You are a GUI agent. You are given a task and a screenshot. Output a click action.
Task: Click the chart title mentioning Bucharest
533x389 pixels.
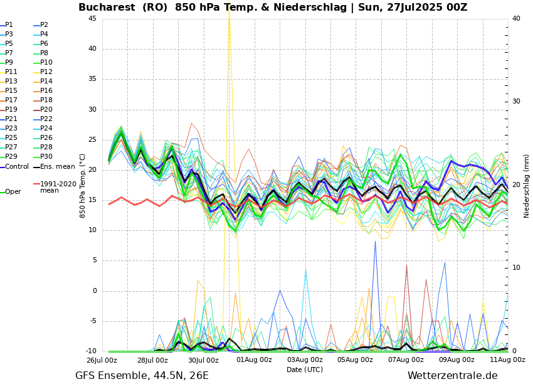click(x=273, y=8)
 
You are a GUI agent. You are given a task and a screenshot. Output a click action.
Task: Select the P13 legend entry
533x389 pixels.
click(x=11, y=82)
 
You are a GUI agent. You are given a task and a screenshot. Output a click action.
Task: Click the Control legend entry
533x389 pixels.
click(x=16, y=166)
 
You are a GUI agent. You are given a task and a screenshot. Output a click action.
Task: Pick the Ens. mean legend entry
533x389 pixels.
click(x=57, y=166)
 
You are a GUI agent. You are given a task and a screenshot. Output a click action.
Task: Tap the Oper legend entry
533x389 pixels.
click(x=13, y=191)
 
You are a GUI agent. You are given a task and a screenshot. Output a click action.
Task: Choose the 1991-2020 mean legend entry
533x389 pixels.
click(x=58, y=187)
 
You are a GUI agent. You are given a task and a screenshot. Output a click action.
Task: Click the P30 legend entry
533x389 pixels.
click(x=46, y=157)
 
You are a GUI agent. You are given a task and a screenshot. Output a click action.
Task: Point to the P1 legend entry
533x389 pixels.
click(x=9, y=25)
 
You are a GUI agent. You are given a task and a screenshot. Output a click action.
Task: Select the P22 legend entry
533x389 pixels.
click(x=46, y=119)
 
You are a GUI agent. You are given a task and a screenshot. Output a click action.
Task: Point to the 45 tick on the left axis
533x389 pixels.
click(x=92, y=18)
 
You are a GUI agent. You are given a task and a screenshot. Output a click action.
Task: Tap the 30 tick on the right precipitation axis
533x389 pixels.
click(x=515, y=101)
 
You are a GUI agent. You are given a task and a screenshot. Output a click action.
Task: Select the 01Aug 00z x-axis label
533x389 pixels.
click(x=254, y=360)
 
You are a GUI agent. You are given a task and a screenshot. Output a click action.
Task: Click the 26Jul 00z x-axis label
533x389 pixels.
click(x=102, y=360)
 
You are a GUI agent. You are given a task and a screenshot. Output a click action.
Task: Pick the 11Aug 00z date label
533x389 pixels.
click(x=507, y=360)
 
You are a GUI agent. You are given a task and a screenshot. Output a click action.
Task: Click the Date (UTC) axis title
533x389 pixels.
click(x=305, y=370)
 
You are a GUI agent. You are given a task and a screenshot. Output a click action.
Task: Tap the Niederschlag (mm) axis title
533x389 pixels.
click(x=527, y=186)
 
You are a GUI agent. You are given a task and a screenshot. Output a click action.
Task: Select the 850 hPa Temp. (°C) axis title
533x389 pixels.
click(x=83, y=186)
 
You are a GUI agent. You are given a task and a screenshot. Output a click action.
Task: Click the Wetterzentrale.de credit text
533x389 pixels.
click(x=452, y=376)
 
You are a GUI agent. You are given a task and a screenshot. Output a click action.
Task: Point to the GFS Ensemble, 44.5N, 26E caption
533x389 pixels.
click(x=142, y=376)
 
